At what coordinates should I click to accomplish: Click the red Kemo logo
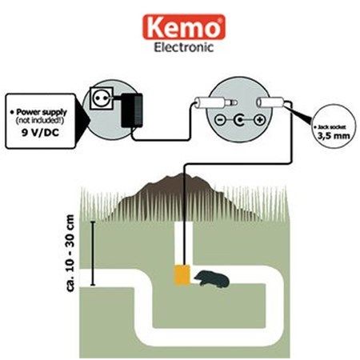coord(184,27)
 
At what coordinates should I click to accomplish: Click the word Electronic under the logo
coord(184,47)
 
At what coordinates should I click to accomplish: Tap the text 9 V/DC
coord(40,133)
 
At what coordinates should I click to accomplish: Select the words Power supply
coord(42,112)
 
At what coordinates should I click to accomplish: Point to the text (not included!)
coord(40,121)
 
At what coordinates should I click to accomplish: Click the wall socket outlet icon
coord(102,98)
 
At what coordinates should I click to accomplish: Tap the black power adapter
coord(132,110)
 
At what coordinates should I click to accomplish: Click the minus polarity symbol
coord(220,120)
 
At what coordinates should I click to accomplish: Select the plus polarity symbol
coord(259,120)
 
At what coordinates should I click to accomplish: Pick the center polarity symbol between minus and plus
coord(240,120)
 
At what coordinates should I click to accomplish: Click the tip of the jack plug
coord(235,102)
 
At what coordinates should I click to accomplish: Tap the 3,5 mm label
coord(334,136)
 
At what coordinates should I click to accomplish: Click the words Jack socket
coord(332,127)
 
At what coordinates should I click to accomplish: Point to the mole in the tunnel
coord(212,279)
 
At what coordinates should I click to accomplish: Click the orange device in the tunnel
coord(182,275)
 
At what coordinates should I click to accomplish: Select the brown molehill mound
coord(182,198)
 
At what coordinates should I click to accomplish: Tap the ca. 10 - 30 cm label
coord(70,253)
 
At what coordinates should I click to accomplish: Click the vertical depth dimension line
coord(93,254)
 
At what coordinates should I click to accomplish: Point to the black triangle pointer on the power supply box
coord(82,120)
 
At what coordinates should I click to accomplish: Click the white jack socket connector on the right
coord(270,102)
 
